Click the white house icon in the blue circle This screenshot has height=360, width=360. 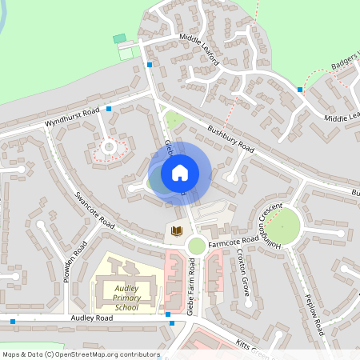pyautogui.click(x=180, y=172)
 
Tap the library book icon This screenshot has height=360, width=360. pyautogui.click(x=177, y=231)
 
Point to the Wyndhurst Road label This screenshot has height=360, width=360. pyautogui.click(x=72, y=116)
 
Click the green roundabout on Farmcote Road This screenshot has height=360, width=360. pyautogui.click(x=196, y=245)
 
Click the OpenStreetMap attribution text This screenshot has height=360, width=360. pyautogui.click(x=81, y=354)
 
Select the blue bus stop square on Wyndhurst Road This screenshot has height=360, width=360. pyautogui.click(x=110, y=108)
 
